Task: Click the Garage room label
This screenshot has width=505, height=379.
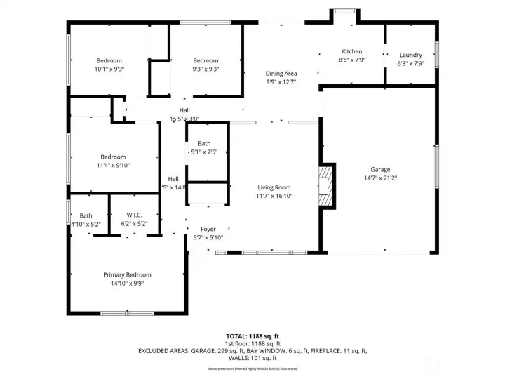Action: tap(381, 169)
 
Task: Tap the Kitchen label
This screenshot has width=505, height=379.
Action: tap(351, 51)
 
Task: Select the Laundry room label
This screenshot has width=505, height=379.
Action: tap(410, 55)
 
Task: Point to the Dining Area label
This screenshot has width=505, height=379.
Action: tap(281, 73)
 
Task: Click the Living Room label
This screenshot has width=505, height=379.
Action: tap(274, 187)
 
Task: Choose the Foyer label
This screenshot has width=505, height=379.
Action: tap(208, 230)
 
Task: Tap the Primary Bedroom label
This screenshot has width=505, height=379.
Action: tap(127, 275)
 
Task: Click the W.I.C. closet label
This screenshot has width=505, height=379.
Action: tap(135, 215)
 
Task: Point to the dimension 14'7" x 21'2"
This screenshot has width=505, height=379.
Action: tap(381, 178)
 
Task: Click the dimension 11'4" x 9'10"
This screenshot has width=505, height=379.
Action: tap(113, 166)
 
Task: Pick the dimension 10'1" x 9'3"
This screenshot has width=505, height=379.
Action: tap(109, 69)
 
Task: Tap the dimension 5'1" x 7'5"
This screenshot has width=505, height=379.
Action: tap(204, 152)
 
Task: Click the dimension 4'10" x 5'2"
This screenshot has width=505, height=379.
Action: tap(86, 224)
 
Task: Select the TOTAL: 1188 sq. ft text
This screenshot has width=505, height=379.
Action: tap(252, 336)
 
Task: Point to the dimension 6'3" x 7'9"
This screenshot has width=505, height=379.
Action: tap(410, 63)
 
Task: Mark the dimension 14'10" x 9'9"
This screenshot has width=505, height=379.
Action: tap(127, 284)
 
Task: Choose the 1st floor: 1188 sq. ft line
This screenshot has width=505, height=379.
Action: tap(252, 343)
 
